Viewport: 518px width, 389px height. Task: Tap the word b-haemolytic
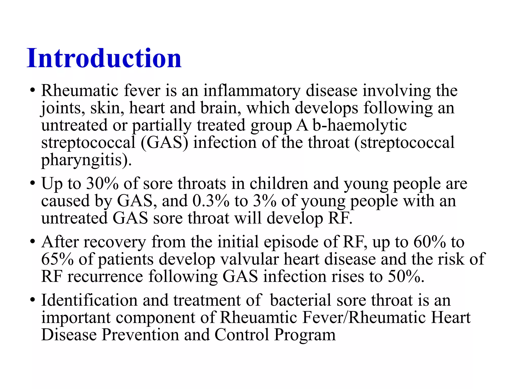coord(359,125)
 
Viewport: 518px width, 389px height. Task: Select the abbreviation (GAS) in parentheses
coord(164,143)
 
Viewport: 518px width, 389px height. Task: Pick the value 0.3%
coord(211,201)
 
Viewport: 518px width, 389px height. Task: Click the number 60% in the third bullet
coord(429,242)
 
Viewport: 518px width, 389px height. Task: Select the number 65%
coord(57,259)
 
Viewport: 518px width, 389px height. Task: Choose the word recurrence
coord(105,277)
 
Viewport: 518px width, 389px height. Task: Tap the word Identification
coord(89,300)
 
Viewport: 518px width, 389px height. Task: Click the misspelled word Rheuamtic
coord(258,318)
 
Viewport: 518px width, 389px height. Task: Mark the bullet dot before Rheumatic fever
coord(32,91)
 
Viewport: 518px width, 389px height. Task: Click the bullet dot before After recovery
coord(32,242)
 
